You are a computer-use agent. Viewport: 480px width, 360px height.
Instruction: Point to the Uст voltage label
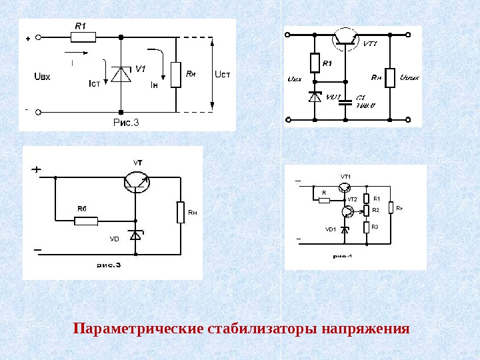[222, 73]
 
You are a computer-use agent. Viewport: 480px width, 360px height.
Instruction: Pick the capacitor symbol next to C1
[345, 102]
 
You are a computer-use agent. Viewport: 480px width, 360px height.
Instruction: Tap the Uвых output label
[407, 79]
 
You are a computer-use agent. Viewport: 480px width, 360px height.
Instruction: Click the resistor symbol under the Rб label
[85, 221]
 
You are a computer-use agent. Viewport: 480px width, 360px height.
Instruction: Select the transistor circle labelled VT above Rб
[137, 181]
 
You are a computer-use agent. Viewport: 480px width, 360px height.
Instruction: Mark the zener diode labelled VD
[135, 235]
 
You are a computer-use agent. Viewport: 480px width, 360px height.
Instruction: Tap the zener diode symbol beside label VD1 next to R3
[345, 229]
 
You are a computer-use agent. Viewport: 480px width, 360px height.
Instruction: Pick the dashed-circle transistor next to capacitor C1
[345, 38]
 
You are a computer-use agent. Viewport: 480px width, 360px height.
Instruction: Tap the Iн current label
[154, 84]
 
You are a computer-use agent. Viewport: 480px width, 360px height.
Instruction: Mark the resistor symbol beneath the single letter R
[325, 200]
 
